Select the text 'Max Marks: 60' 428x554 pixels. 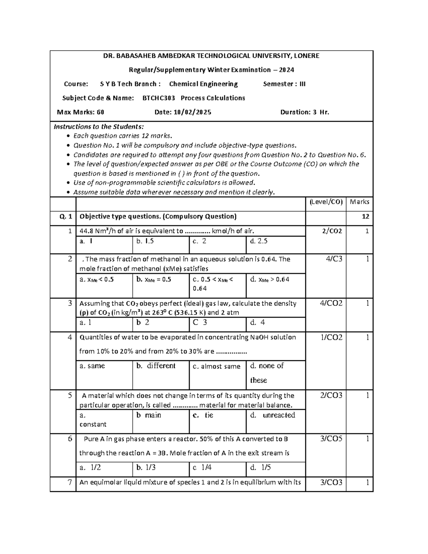[x=81, y=112]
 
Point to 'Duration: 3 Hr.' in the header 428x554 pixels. [x=305, y=112]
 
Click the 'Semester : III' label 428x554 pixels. [x=284, y=84]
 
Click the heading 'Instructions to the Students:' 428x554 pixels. [x=99, y=127]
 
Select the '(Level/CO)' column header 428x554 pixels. [x=326, y=202]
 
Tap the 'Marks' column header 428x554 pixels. [x=360, y=202]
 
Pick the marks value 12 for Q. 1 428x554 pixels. [x=365, y=217]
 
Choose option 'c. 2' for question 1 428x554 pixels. [x=199, y=241]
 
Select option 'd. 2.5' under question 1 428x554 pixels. [x=259, y=241]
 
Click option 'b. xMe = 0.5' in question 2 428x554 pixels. [x=154, y=280]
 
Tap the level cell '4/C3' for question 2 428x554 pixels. [x=334, y=259]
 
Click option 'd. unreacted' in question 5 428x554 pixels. [x=273, y=415]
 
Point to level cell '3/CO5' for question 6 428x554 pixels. [x=331, y=439]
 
